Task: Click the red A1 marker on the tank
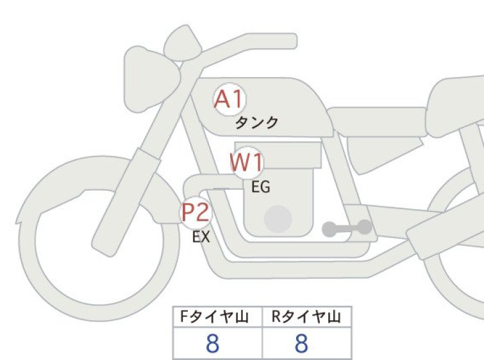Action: click(x=229, y=99)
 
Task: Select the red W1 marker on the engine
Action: click(x=247, y=162)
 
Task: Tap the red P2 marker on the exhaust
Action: click(x=196, y=212)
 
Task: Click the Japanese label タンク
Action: click(x=256, y=123)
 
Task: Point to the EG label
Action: click(x=261, y=187)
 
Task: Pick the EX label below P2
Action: click(x=201, y=237)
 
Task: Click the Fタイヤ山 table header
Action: click(x=214, y=317)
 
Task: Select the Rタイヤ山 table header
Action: click(x=306, y=317)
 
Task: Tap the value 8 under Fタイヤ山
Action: click(x=212, y=343)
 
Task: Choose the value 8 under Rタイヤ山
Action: click(x=301, y=343)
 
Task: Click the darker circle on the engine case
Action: click(x=278, y=219)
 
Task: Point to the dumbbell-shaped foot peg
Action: click(x=347, y=228)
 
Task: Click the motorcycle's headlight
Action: click(x=151, y=80)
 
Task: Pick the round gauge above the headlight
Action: click(x=183, y=43)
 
